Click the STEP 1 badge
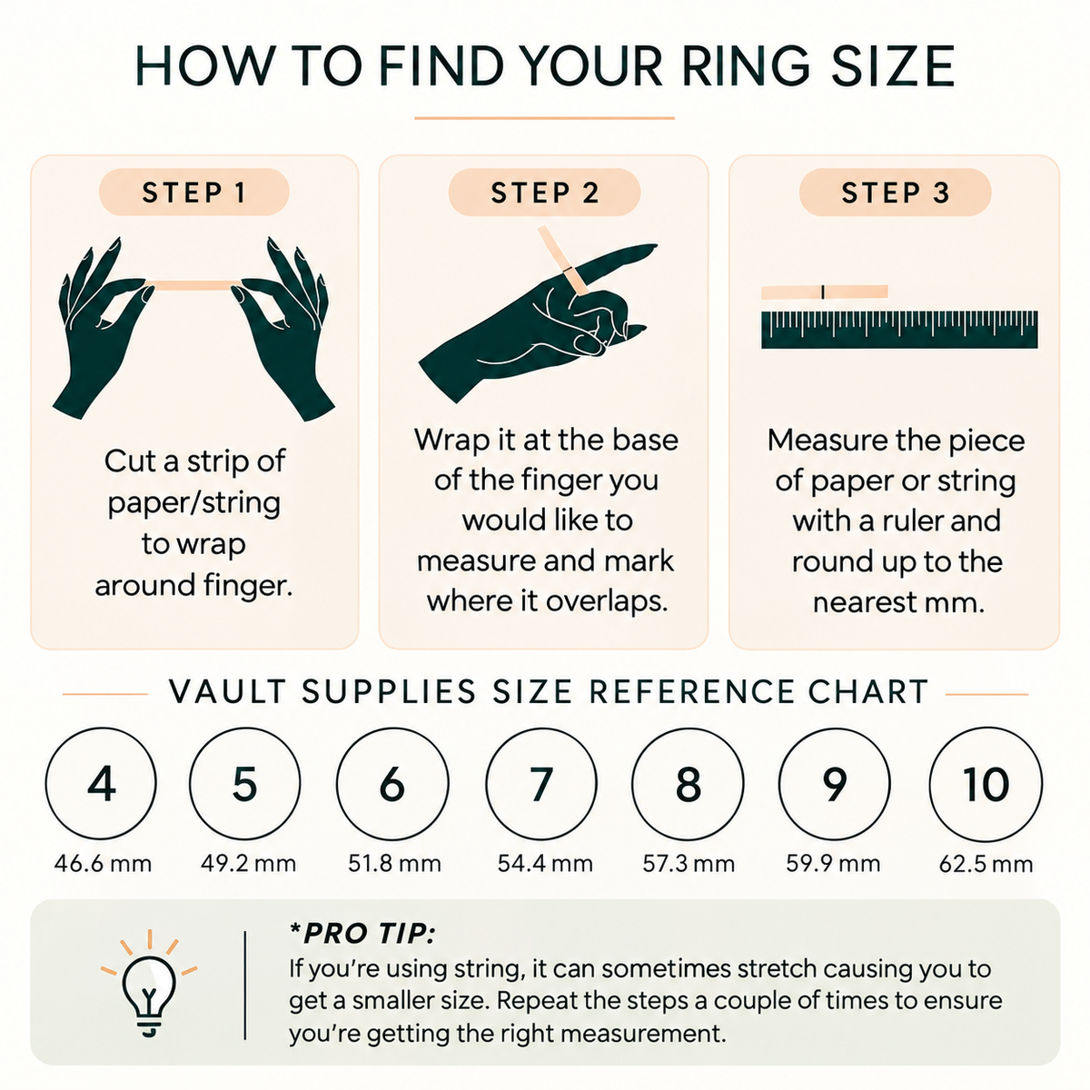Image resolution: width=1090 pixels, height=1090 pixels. (x=194, y=193)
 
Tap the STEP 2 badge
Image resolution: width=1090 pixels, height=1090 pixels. (x=544, y=193)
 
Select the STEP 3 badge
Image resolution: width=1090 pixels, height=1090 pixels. (x=895, y=193)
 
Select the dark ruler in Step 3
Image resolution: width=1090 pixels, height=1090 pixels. (x=899, y=329)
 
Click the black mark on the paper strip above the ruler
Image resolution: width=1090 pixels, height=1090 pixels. (x=822, y=292)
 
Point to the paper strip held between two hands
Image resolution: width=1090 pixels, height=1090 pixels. (x=193, y=285)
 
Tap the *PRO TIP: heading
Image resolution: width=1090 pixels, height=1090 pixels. (x=362, y=934)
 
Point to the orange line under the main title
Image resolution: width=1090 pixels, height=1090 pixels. (x=544, y=118)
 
